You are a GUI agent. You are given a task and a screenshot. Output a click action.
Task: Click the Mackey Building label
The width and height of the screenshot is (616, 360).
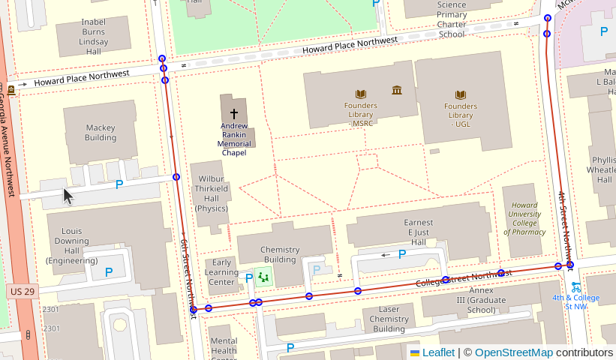(x=101, y=133)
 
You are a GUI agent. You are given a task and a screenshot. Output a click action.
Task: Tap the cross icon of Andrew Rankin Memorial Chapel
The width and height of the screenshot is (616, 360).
(x=234, y=113)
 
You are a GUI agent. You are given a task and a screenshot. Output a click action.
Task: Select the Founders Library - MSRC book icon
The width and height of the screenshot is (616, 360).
(x=361, y=94)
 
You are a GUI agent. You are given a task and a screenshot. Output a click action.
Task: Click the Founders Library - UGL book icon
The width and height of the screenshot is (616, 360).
(x=461, y=95)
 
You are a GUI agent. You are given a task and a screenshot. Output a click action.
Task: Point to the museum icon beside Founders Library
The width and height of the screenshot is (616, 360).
(x=397, y=91)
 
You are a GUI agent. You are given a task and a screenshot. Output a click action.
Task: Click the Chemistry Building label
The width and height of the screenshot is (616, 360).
(x=279, y=254)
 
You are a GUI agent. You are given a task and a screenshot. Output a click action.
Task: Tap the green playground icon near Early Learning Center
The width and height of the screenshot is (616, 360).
(x=263, y=277)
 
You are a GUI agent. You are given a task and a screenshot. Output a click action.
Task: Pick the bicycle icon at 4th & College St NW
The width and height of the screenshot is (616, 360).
(x=575, y=286)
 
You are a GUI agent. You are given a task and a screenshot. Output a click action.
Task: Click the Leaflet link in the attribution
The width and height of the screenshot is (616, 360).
(x=438, y=352)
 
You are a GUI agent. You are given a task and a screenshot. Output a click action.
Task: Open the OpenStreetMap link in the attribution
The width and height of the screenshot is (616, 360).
(x=513, y=352)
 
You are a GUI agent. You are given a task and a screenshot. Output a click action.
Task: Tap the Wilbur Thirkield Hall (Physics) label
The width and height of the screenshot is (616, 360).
(x=212, y=193)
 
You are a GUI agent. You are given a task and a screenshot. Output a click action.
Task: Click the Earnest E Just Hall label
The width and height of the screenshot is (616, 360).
(x=419, y=232)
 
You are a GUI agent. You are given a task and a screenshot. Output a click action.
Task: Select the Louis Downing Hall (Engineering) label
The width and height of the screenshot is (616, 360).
(x=72, y=245)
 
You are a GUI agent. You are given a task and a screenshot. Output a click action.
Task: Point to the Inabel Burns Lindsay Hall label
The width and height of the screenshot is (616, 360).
(x=94, y=37)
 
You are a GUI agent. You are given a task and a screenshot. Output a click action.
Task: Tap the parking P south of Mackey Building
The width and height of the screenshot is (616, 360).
(x=119, y=184)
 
